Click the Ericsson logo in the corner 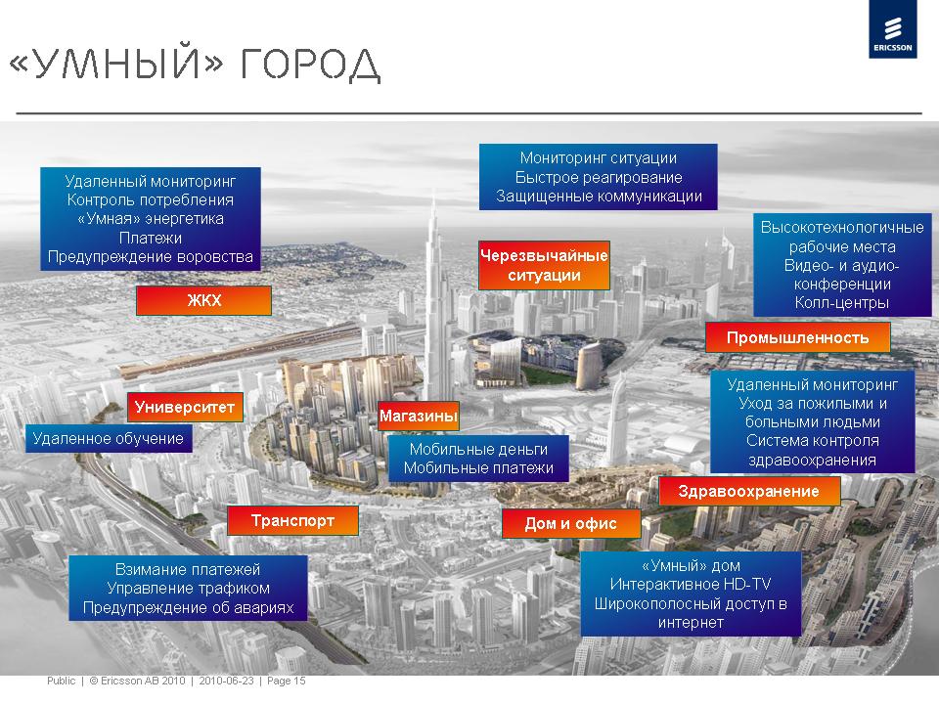[893, 29]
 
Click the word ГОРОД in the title [310, 64]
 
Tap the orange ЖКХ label [203, 300]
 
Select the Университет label [185, 407]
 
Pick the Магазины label [419, 416]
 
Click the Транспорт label [292, 520]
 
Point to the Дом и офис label [570, 524]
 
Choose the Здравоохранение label [748, 492]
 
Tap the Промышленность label [798, 337]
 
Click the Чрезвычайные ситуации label [544, 265]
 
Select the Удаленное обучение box [109, 439]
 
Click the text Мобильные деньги [478, 449]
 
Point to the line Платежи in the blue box [151, 239]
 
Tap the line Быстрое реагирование [599, 177]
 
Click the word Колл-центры [841, 303]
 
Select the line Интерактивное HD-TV [691, 584]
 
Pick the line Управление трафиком [188, 589]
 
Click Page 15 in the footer [287, 681]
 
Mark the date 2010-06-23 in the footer [226, 681]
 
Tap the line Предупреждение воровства [151, 257]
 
